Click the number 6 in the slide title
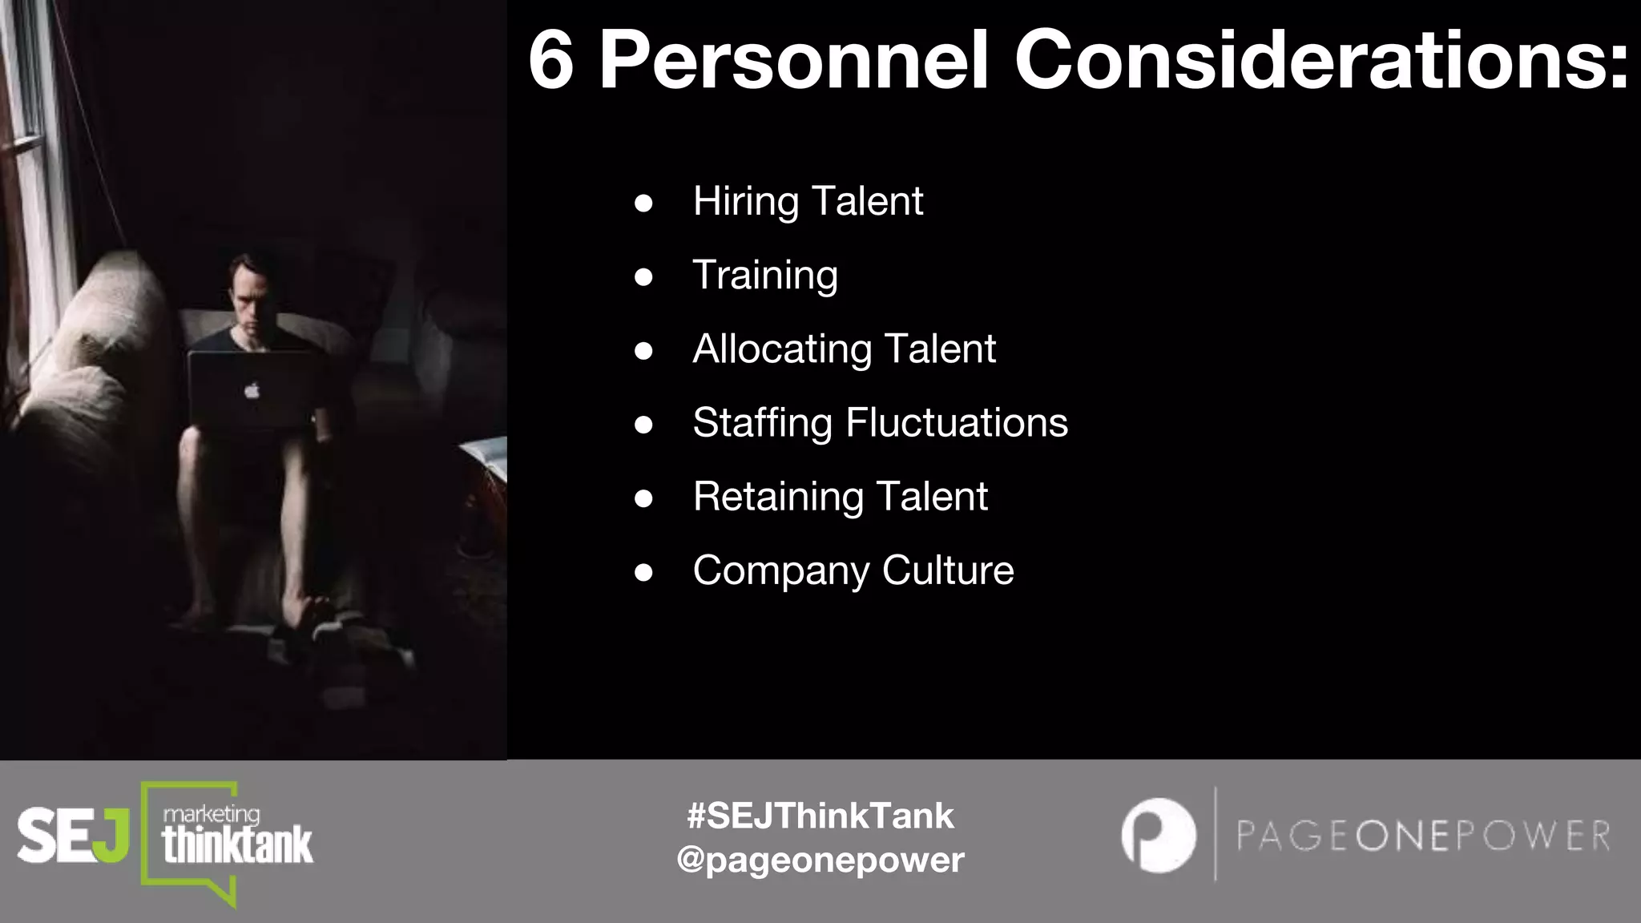pos(551,61)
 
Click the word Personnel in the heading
pos(794,61)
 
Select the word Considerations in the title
pos(1321,61)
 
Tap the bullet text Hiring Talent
pos(808,200)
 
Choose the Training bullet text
pos(765,275)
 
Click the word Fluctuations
pos(957,422)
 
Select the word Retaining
pos(778,496)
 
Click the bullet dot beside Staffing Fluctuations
pos(643,424)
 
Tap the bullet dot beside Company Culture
pos(643,572)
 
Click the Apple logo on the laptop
pos(252,391)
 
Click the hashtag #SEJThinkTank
pos(820,816)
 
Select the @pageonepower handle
pos(820,860)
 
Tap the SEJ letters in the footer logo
pos(73,836)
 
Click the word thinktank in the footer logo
pos(237,846)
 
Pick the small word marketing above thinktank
pos(212,814)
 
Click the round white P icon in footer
pos(1158,835)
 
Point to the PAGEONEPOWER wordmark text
pos(1423,836)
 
